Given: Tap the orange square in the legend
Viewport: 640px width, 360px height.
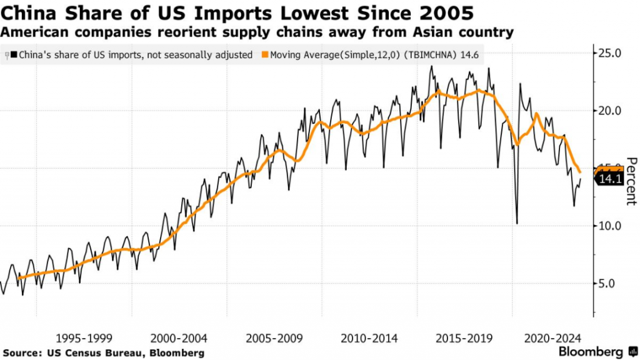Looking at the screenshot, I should pos(265,55).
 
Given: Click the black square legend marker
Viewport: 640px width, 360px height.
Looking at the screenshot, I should pos(14,55).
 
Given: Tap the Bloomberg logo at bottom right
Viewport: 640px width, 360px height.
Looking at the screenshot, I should pos(597,351).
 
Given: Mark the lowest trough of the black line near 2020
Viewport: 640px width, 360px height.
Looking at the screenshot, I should pos(517,223).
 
